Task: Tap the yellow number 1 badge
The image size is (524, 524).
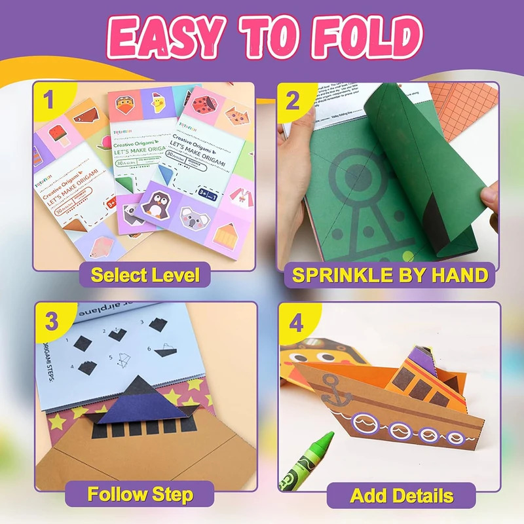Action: coord(48,100)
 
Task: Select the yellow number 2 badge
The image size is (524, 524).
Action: coord(293,100)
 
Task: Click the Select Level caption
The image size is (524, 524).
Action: coord(145,274)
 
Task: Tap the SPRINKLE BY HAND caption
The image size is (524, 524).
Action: coord(390,274)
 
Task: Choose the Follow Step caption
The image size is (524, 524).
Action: coord(140,493)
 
